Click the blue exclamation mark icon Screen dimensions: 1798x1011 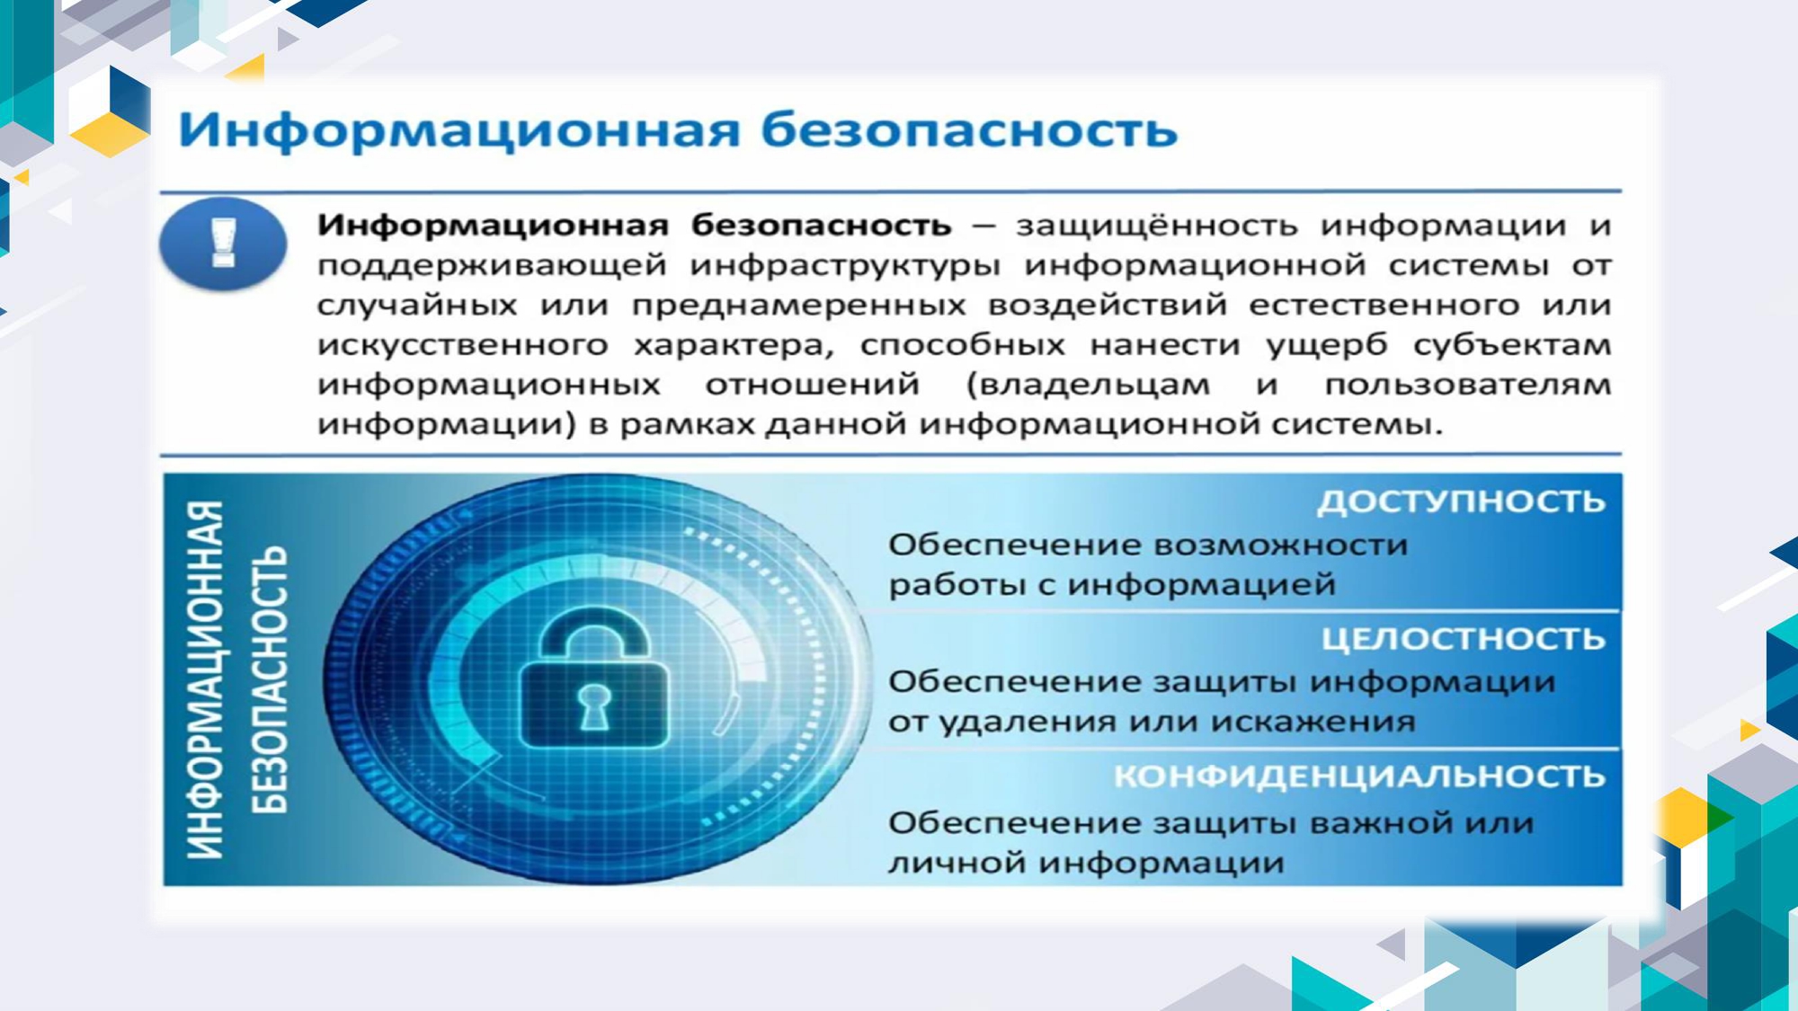[x=223, y=244]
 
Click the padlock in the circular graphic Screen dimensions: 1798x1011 [x=594, y=678]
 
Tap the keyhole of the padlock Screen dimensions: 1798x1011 [x=594, y=705]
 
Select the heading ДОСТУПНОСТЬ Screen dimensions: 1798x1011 [x=1461, y=501]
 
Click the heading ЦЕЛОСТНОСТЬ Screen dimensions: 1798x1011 [x=1464, y=639]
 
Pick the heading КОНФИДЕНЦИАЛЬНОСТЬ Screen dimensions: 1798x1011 [x=1359, y=776]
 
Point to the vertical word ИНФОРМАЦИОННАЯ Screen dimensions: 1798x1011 [x=205, y=679]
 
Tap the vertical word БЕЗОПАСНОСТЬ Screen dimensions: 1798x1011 [x=269, y=679]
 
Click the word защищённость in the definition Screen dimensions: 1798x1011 [x=1157, y=226]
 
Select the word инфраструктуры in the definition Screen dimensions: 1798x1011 [x=845, y=266]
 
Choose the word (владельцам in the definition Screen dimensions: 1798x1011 [x=1088, y=386]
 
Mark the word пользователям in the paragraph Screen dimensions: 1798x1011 [x=1467, y=385]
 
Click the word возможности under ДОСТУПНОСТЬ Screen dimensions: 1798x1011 [x=1280, y=545]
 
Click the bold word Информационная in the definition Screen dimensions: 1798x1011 [x=493, y=225]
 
